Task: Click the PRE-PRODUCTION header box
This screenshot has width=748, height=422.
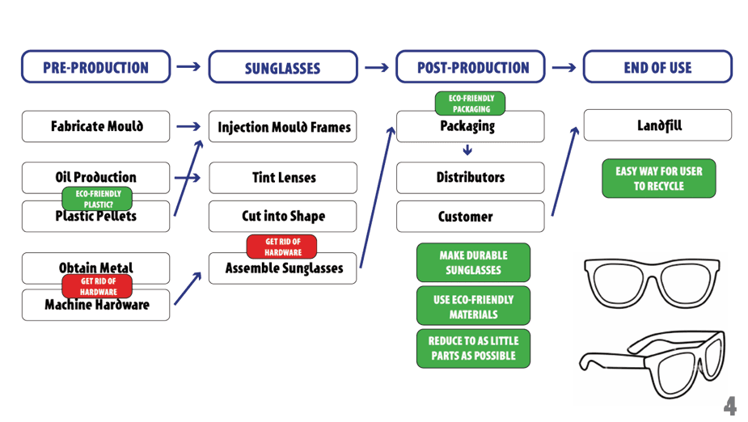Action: [95, 67]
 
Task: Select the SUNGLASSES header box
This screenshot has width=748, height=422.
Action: [283, 68]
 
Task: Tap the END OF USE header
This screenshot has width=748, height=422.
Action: [657, 67]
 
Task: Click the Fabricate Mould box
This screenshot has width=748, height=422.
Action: [95, 127]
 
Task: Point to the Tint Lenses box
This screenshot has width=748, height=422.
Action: [283, 178]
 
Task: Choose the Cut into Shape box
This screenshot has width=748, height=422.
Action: [283, 217]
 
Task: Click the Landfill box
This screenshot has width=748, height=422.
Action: [657, 126]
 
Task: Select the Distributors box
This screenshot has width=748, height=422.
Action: [470, 178]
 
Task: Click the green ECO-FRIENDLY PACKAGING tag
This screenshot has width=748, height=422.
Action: [470, 103]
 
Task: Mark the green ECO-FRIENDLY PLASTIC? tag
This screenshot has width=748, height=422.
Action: [97, 198]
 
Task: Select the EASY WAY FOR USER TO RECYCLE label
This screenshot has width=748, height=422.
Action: [658, 179]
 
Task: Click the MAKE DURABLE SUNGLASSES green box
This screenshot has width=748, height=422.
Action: [473, 263]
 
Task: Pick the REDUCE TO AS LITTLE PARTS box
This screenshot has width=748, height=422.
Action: [473, 348]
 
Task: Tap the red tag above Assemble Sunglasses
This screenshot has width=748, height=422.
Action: [281, 247]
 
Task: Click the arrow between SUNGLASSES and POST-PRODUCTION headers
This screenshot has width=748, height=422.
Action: [376, 68]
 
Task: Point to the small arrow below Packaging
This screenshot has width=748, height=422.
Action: [467, 150]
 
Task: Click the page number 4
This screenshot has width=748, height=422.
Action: [729, 406]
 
